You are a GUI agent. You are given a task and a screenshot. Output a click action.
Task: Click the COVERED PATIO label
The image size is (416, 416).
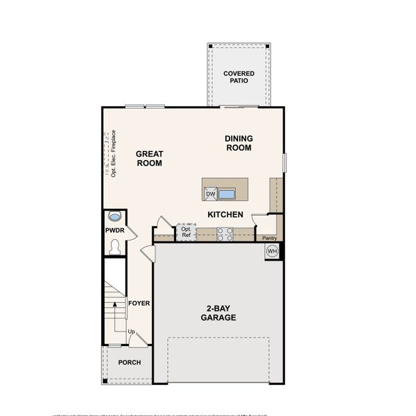(239, 77)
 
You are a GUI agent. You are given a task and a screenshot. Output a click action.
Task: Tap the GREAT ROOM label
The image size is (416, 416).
(148, 159)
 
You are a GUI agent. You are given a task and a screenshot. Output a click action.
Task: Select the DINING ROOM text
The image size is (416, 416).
(238, 143)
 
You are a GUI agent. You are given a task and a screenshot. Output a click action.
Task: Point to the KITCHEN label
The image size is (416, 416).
(225, 215)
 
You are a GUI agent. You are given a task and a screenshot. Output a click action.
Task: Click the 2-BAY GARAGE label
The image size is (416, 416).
(218, 313)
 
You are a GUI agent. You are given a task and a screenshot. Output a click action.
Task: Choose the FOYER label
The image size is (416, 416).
(139, 304)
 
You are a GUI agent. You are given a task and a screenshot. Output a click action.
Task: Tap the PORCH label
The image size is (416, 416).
(129, 363)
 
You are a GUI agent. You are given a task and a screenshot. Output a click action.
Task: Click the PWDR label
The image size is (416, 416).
(114, 229)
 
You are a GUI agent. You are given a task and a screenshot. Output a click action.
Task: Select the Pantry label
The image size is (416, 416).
(270, 238)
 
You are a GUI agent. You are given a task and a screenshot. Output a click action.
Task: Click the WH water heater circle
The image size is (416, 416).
(272, 251)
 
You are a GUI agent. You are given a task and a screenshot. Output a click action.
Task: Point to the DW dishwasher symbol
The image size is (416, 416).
(210, 194)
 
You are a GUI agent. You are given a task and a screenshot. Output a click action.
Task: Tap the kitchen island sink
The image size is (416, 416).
(227, 193)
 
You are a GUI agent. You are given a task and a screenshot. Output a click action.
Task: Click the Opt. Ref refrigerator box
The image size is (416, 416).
(186, 232)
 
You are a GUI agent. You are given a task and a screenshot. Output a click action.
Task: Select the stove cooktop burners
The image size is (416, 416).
(225, 234)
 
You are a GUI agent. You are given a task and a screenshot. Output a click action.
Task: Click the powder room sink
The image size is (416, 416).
(115, 216)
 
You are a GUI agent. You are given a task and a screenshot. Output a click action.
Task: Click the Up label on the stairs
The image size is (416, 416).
(131, 332)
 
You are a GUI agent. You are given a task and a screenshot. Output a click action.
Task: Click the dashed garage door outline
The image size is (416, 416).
(218, 359)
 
